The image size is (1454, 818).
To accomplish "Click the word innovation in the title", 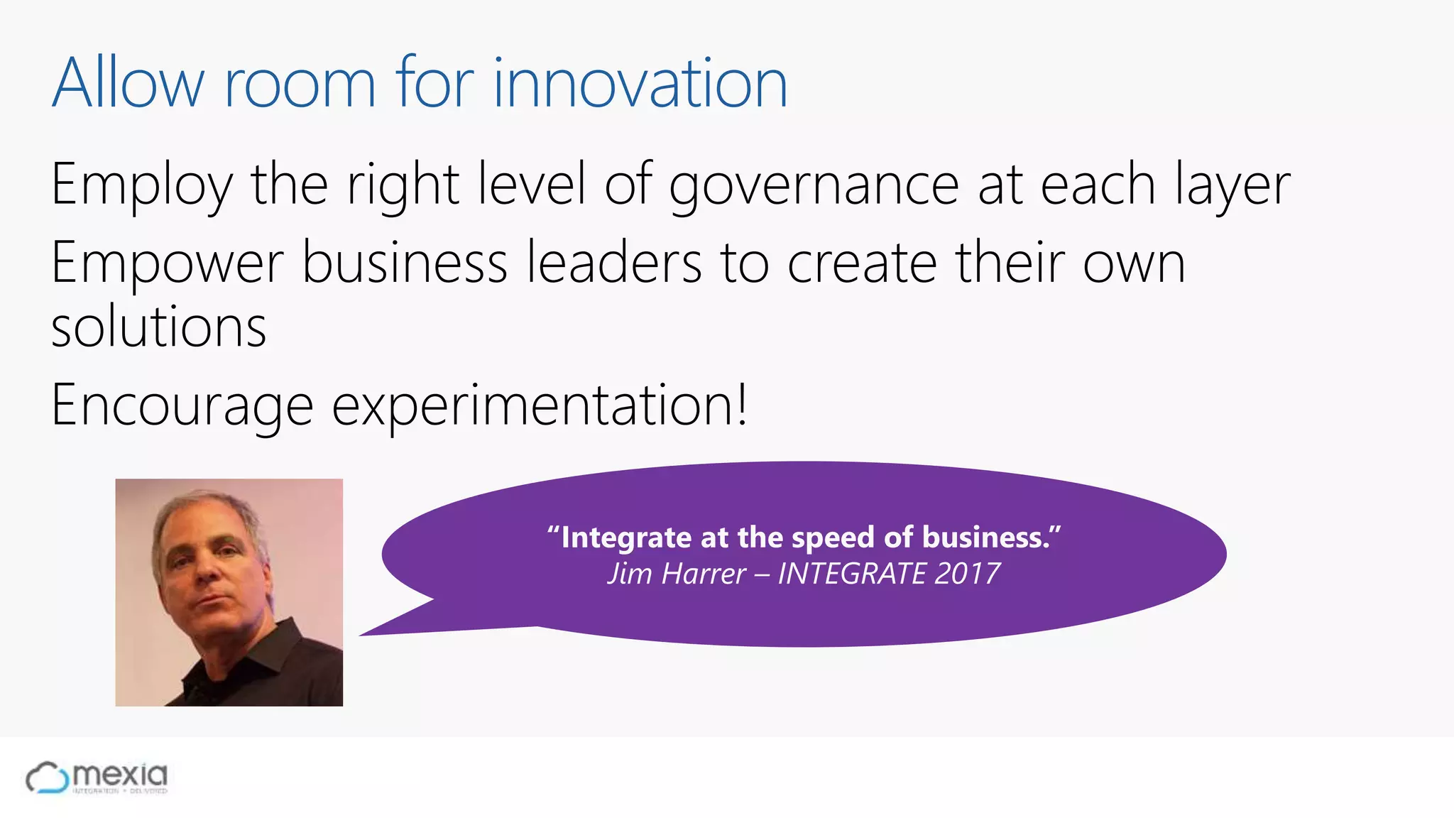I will [640, 84].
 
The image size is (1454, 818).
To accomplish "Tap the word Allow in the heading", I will [128, 84].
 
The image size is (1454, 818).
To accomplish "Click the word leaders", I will [614, 263].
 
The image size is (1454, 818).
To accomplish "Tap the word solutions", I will [159, 328].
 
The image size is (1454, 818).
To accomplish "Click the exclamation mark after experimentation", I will [741, 403].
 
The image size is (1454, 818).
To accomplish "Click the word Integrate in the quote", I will [625, 538].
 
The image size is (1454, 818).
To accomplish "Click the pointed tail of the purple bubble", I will [376, 631].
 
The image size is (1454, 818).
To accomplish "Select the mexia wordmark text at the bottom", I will [120, 774].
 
